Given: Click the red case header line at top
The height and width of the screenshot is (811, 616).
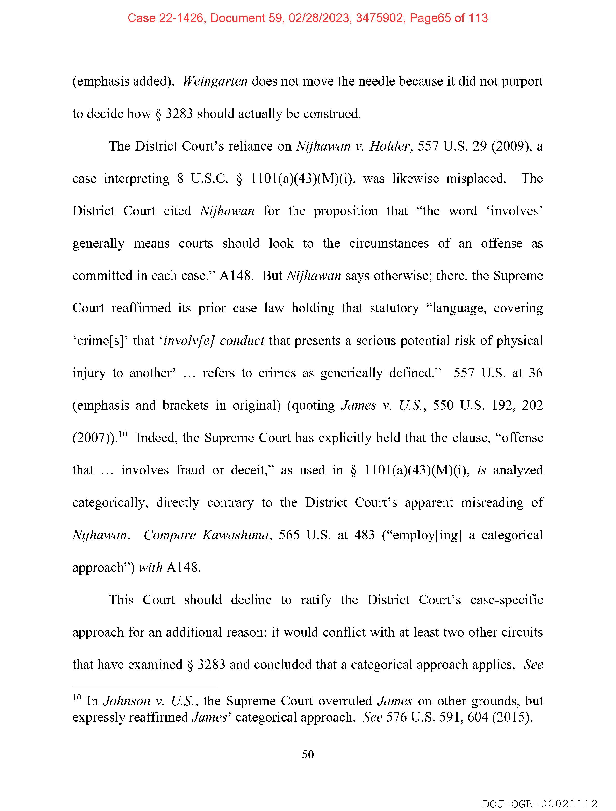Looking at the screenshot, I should click(x=307, y=18).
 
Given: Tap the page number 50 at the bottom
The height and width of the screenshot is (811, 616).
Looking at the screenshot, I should click(x=308, y=754).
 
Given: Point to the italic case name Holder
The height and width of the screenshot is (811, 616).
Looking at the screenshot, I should click(x=389, y=146).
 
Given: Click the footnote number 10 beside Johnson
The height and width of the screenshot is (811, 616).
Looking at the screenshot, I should click(x=77, y=697).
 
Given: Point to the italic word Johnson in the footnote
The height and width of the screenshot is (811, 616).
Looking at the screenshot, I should click(x=127, y=701).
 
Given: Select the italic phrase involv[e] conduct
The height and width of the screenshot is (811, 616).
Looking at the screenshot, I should click(x=214, y=341).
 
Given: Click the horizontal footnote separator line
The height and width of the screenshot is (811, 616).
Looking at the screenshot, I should click(x=145, y=686).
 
